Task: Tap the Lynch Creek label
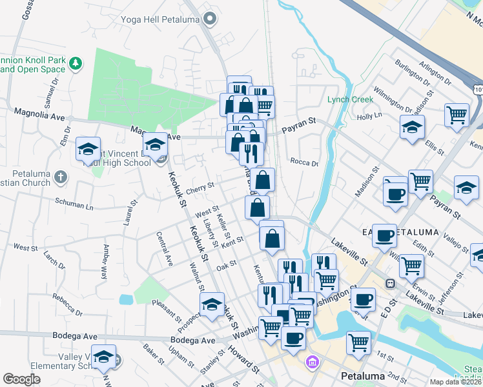(350, 99)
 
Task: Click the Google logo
(22, 379)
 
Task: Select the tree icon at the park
(77, 63)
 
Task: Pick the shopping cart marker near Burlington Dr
(457, 114)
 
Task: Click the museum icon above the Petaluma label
(313, 363)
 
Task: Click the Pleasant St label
(167, 309)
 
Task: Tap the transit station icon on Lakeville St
(390, 283)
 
